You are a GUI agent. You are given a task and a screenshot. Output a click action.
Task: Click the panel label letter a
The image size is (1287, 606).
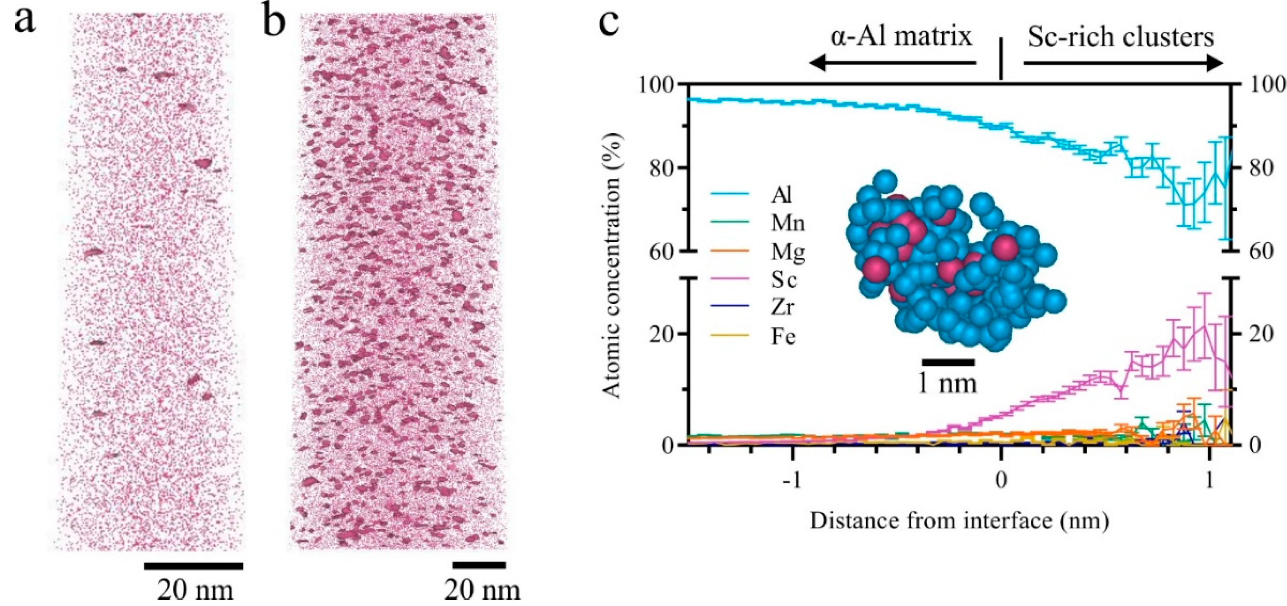[25, 22]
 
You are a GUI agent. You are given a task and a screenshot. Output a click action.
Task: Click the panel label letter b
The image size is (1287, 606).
[274, 22]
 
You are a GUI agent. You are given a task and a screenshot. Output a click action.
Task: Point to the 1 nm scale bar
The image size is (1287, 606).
[948, 362]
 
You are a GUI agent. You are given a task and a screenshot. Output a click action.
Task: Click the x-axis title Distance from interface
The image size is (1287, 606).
[959, 520]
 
